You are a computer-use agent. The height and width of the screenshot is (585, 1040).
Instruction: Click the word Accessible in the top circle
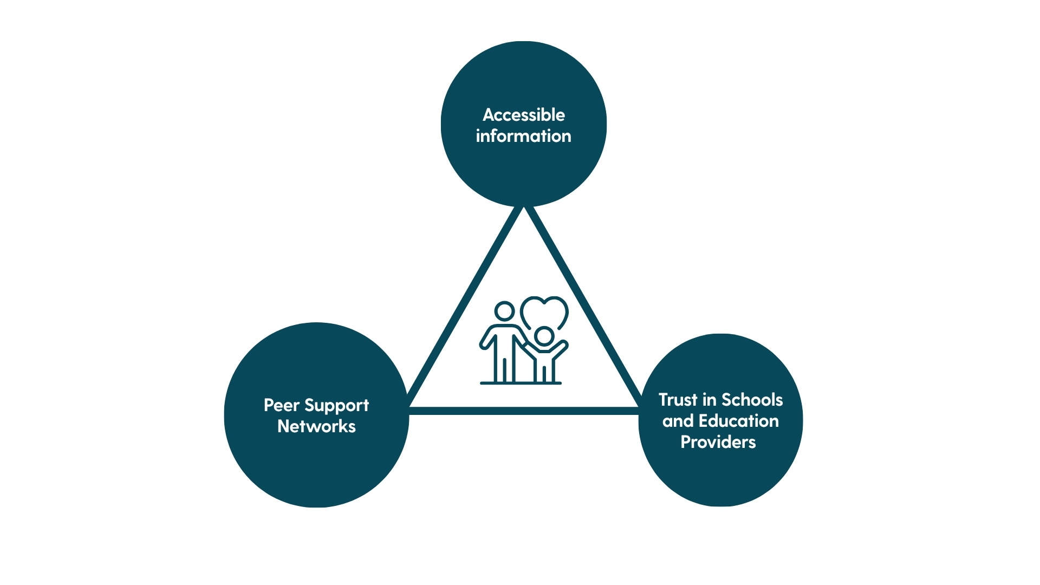point(523,115)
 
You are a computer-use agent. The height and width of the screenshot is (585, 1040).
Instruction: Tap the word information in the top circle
point(523,136)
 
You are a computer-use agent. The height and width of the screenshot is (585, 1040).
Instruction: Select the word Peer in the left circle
point(281,405)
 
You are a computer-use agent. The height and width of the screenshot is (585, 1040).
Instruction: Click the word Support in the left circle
point(336,406)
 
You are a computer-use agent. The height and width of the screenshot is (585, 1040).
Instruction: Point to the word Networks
point(316,426)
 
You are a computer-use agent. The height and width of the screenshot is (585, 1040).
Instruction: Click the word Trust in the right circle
point(678,400)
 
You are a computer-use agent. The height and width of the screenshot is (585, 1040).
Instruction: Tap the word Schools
point(752,400)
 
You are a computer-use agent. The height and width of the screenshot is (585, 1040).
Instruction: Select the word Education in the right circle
point(738,421)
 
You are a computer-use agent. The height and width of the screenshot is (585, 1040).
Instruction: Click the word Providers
point(718,442)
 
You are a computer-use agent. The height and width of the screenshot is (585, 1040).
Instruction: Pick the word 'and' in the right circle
point(678,421)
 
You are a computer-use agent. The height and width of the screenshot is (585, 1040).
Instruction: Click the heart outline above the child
point(544,310)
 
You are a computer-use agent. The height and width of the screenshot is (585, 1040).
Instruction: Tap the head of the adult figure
point(504,311)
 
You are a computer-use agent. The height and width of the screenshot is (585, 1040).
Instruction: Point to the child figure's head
point(543,336)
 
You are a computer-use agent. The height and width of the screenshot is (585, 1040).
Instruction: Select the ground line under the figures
point(521,383)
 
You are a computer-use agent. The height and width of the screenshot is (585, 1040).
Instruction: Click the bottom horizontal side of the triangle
point(523,411)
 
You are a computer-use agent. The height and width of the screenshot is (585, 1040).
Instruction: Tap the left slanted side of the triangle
point(465,307)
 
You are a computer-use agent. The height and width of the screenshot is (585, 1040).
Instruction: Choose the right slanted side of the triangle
point(583,307)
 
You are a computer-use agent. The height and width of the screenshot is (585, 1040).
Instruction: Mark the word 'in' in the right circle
point(709,400)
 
